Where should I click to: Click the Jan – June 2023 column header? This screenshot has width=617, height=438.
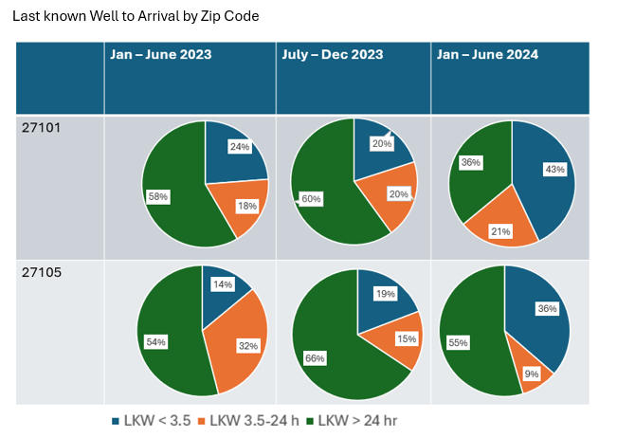160,55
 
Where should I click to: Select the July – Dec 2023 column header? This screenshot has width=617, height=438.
332,55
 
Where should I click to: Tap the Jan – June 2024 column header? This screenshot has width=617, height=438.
487,55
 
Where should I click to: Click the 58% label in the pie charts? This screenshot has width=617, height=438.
158,196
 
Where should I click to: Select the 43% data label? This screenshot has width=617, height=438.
554,170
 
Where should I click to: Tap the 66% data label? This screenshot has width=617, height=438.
314,357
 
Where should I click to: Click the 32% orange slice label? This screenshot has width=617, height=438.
248,346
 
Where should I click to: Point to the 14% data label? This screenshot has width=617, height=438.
224,283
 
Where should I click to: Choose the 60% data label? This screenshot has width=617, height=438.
312,199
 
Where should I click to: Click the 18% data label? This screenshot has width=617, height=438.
246,206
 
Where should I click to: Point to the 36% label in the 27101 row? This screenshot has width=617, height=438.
469,162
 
